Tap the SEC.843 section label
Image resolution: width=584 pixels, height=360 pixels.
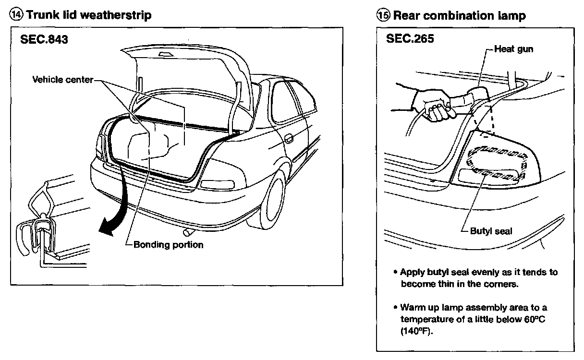44,39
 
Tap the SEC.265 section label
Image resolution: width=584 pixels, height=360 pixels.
410,39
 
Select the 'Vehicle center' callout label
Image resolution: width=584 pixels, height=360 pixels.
62,79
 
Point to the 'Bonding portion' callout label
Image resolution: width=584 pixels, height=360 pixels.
168,245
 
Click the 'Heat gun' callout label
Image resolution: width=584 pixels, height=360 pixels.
513,49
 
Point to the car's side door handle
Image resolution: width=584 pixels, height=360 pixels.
289,139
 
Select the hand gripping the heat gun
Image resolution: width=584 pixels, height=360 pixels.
435,106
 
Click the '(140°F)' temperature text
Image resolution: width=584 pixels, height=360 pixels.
414,331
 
